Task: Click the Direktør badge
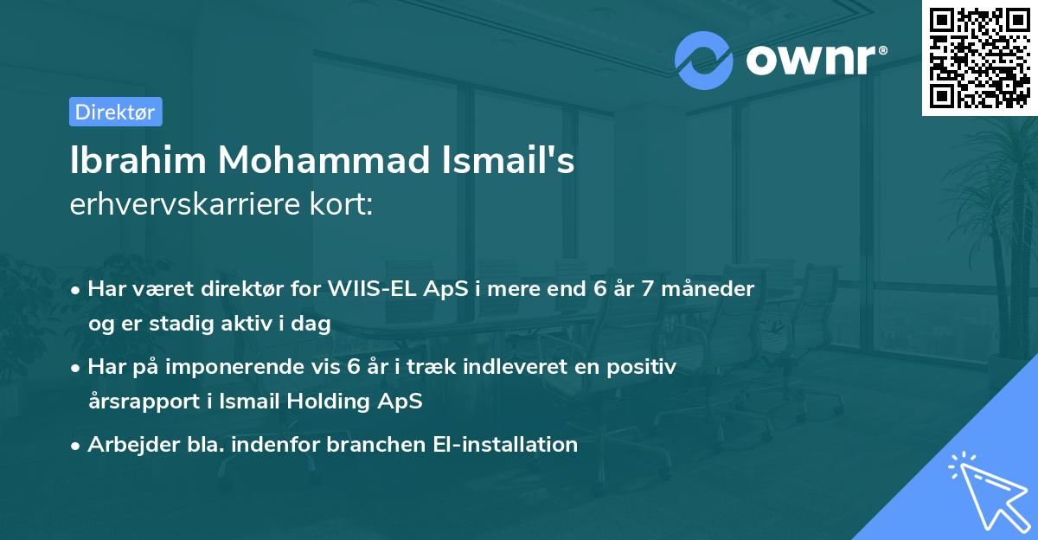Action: pos(115,112)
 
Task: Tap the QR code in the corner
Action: pos(977,58)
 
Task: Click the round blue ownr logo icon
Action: pos(704,61)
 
